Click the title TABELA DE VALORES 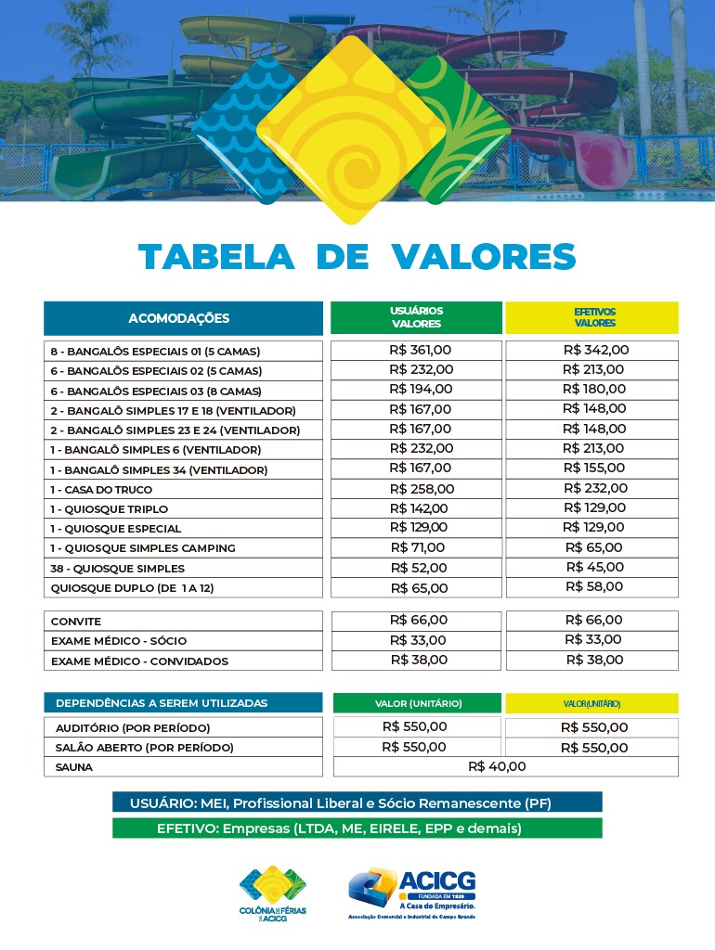click(x=357, y=256)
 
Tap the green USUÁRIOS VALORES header click(x=416, y=317)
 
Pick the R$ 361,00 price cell click(x=420, y=351)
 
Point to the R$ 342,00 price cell click(x=595, y=351)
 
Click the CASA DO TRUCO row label click(x=101, y=489)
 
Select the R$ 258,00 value click(x=422, y=489)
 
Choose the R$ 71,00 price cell click(x=418, y=547)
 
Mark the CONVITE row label click(x=76, y=621)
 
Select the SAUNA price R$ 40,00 click(x=497, y=766)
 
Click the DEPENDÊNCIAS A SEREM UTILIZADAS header click(x=162, y=703)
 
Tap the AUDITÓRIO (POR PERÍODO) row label click(x=133, y=727)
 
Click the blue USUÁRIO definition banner click(x=357, y=802)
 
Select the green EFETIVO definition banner click(x=357, y=828)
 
